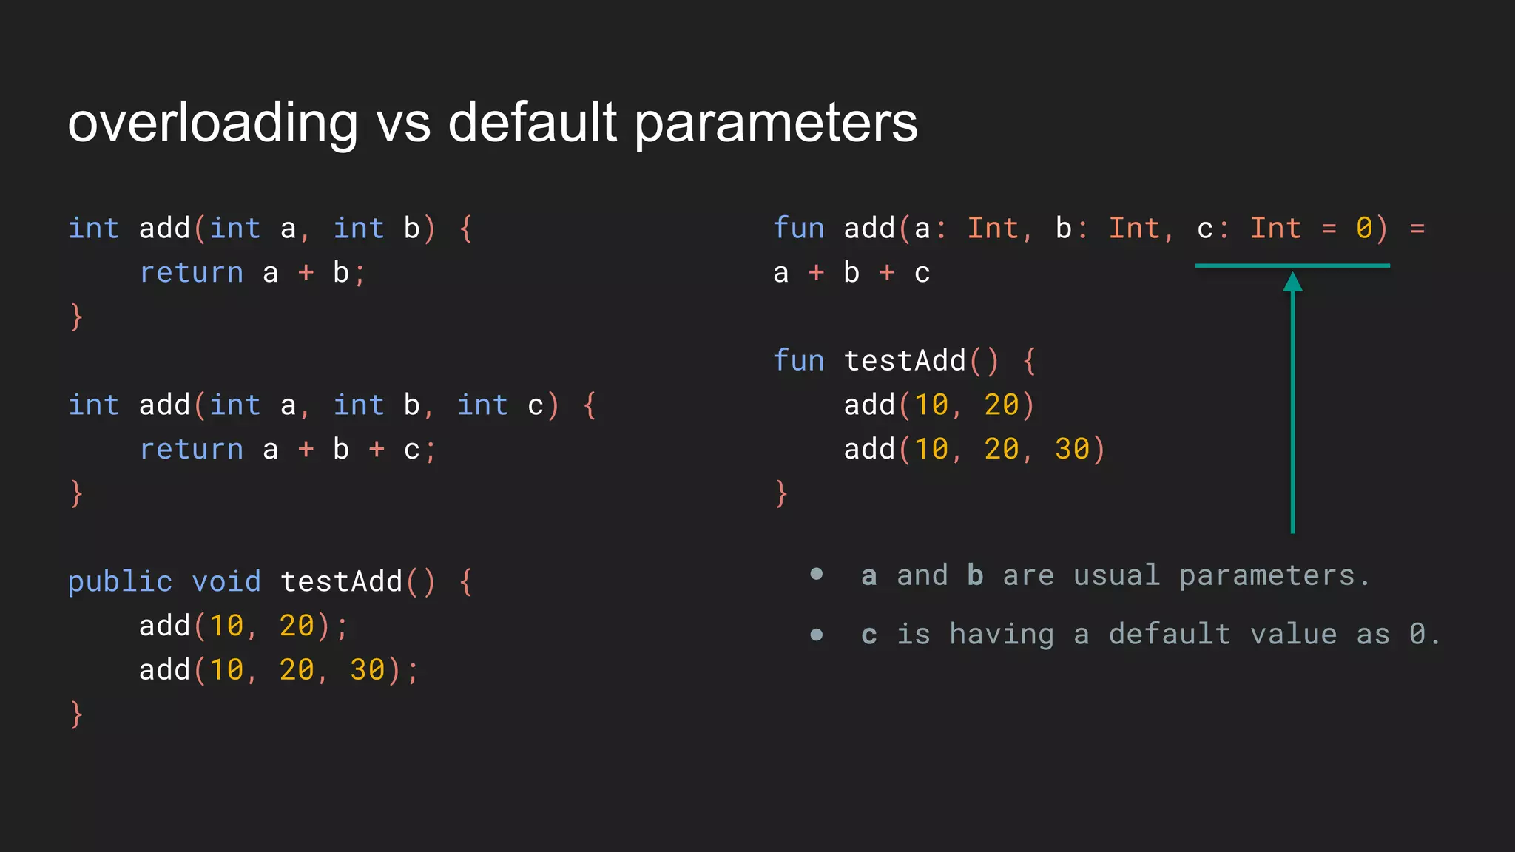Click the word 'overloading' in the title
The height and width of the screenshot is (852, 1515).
[213, 123]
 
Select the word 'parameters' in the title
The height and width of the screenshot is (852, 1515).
[776, 123]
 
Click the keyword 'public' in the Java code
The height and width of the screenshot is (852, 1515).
[120, 582]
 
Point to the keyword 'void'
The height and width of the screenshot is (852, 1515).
[226, 581]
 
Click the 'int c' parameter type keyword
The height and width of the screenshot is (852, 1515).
[482, 405]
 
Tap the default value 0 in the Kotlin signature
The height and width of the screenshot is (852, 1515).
[1364, 229]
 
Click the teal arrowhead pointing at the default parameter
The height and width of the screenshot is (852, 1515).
[1292, 282]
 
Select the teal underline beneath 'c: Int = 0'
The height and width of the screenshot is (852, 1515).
[1292, 266]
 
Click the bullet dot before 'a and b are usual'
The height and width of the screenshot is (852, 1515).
[817, 575]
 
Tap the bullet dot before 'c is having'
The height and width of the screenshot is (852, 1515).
[817, 635]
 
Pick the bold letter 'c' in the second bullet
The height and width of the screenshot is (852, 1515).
[869, 635]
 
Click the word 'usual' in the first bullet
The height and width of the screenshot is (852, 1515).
[1116, 575]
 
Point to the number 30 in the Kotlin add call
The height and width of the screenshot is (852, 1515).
[1072, 449]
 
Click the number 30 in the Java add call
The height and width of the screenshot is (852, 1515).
[367, 670]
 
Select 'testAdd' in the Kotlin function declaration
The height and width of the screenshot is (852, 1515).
[905, 361]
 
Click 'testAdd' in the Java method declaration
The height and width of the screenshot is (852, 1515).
[342, 582]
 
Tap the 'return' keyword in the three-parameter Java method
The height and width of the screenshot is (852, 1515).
[192, 450]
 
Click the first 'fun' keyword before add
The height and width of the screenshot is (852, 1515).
[799, 229]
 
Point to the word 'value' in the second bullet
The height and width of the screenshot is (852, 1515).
[1293, 635]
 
